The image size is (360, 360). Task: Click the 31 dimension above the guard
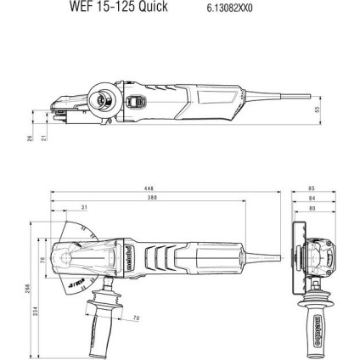click(83, 206)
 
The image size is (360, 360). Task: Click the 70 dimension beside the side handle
click(137, 319)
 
